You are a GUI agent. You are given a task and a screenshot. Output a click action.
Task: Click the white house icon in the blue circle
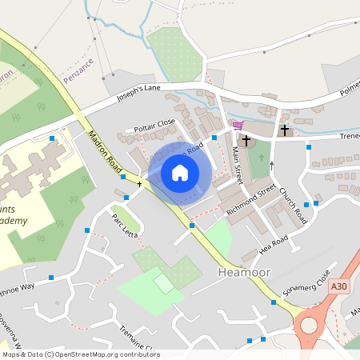(x=180, y=173)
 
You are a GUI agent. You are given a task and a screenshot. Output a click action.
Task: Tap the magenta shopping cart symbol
(x=238, y=125)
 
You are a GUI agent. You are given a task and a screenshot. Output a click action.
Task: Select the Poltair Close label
(x=154, y=125)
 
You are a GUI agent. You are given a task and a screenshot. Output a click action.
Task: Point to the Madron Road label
(x=105, y=152)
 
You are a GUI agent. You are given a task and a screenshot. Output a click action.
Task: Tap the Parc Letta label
(x=125, y=226)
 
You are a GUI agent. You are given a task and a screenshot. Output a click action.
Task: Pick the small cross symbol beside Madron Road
(x=139, y=184)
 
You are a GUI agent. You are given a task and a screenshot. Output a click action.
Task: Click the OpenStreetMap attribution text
(x=81, y=354)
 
